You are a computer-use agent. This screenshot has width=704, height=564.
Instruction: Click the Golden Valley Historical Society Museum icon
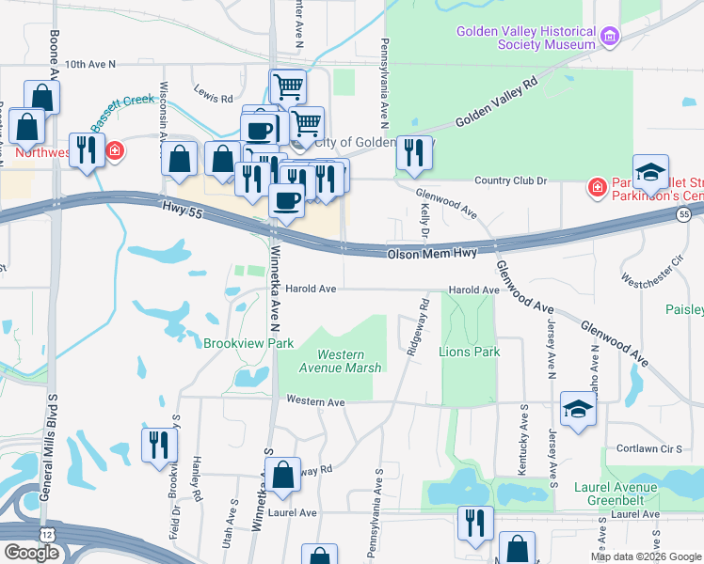pos(611,37)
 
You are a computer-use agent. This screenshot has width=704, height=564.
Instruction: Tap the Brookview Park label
pos(248,343)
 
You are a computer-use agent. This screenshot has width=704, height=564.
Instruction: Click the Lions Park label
pos(469,352)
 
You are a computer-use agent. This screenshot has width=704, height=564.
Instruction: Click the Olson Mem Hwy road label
pos(432,254)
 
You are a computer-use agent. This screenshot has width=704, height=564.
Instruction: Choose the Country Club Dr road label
pos(511,180)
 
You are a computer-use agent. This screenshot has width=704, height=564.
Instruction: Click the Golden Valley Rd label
pos(496,102)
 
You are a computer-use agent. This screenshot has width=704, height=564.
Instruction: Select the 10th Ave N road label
pos(90,64)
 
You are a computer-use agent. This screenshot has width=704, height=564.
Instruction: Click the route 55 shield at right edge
pos(684,215)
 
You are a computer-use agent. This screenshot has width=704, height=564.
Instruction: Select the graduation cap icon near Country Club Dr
pos(650,173)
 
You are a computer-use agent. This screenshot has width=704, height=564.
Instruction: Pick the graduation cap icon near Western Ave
pos(579,409)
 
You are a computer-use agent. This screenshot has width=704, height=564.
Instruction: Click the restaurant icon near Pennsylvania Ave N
pos(413,153)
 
